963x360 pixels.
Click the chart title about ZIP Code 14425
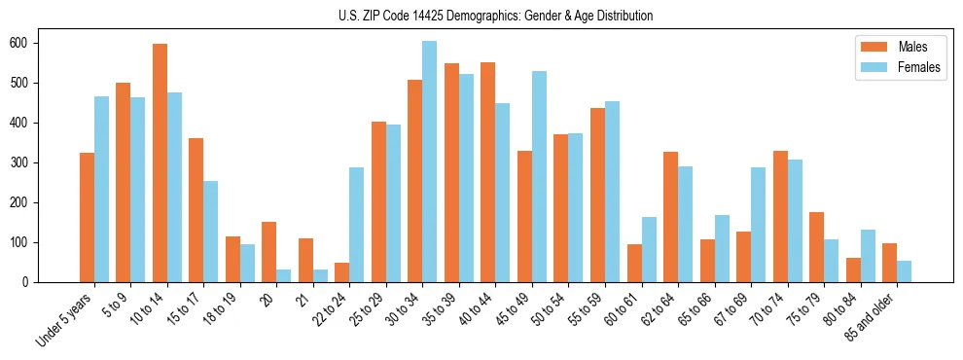coord(481,16)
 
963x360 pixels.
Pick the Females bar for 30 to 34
coord(429,162)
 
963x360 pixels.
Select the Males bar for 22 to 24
coord(342,272)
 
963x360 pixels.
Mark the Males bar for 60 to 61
coord(634,263)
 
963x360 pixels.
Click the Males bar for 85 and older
coord(889,263)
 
